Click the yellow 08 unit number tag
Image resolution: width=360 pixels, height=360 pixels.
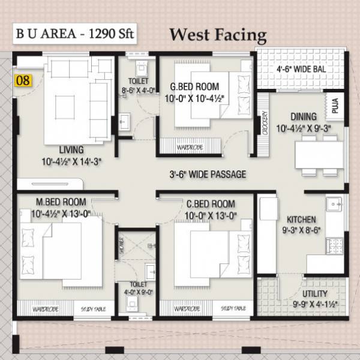[23, 78]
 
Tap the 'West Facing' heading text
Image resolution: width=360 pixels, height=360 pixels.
[217, 34]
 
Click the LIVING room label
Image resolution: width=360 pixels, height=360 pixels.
[71, 149]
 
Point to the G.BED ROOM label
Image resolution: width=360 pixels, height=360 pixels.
[194, 86]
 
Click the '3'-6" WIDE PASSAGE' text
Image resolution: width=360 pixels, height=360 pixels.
[207, 175]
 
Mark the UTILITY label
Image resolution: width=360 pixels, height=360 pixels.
[315, 293]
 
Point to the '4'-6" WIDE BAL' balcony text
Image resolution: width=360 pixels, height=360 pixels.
[302, 69]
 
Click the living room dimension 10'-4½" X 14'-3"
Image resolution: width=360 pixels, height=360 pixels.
[71, 160]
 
